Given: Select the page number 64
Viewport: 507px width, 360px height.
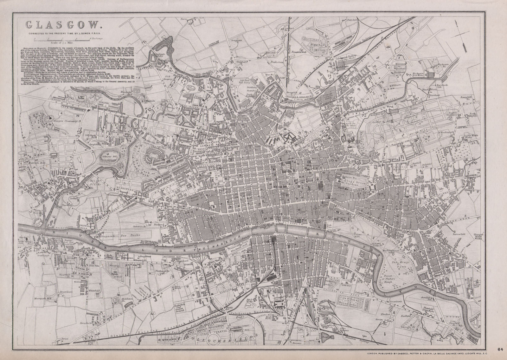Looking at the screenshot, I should (x=500, y=350).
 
